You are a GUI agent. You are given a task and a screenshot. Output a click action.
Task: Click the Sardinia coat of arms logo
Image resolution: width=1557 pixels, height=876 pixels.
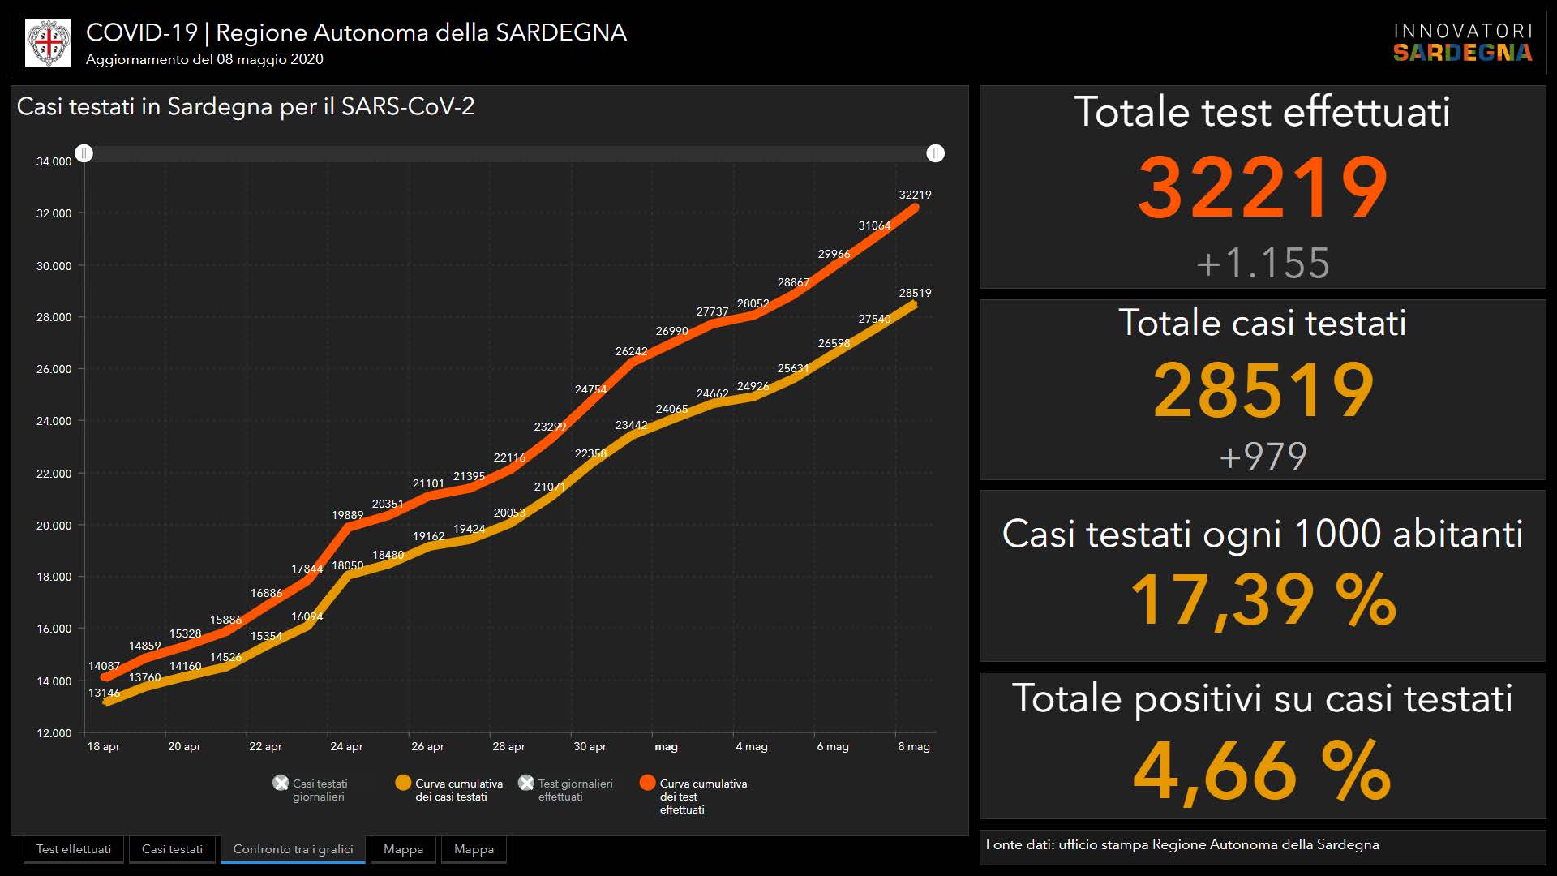point(49,43)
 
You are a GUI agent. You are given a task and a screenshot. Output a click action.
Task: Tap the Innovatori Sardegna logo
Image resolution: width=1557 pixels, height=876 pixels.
point(1462,43)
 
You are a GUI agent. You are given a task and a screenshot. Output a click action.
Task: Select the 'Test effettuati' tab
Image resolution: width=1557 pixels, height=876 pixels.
point(74,849)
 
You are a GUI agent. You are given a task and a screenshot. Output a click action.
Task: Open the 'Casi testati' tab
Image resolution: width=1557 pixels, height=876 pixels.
point(172,849)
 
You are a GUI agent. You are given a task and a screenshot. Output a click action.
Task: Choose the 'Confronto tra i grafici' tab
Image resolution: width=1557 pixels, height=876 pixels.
point(293,849)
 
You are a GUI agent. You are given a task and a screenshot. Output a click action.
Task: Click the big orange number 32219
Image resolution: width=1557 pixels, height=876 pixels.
point(1263,188)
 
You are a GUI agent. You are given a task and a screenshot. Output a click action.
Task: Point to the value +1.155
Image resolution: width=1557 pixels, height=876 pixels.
point(1263,263)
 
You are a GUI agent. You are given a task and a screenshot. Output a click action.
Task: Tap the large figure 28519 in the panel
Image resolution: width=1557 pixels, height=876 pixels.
point(1263,390)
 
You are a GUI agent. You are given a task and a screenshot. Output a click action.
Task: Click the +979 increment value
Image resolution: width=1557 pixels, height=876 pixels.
point(1263,456)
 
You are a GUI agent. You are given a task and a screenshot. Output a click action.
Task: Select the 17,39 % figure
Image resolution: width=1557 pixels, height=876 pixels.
point(1263,600)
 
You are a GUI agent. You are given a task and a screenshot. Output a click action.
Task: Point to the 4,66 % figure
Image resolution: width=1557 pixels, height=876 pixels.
point(1263,770)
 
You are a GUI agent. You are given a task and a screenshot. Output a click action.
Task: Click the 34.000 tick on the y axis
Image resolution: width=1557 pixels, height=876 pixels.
point(54,161)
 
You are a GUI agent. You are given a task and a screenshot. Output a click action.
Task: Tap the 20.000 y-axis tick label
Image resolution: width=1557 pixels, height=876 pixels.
point(54,526)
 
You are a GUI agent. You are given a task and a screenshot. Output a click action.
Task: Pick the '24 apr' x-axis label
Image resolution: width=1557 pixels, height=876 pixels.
point(346,746)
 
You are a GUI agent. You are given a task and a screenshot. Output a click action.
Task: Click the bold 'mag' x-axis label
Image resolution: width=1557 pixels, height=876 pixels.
point(666,746)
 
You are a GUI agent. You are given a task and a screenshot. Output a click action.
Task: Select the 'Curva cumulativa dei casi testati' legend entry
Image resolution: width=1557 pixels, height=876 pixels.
point(451,790)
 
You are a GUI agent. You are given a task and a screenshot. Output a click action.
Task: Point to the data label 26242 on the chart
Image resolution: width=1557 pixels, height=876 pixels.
point(631,351)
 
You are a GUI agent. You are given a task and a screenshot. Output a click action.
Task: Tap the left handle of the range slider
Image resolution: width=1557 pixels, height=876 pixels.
point(84,153)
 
